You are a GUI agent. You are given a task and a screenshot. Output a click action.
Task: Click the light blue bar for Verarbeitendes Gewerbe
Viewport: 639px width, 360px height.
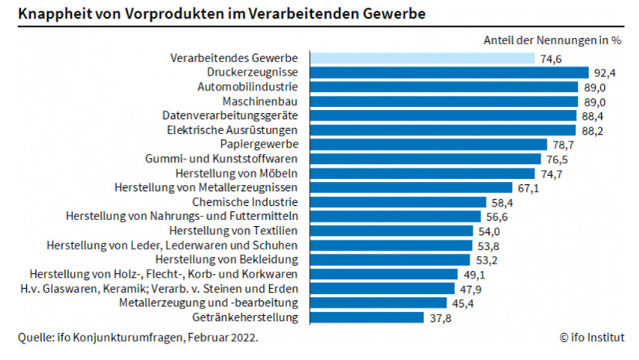(422, 58)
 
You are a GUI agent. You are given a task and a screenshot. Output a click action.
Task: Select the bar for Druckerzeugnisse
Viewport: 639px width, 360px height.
(449, 72)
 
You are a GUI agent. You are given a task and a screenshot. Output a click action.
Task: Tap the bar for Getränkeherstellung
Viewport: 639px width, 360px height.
(367, 317)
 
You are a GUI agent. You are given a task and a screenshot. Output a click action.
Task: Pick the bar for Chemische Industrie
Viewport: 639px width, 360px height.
(398, 202)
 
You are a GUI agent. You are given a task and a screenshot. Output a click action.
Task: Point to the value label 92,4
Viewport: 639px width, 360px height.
(604, 72)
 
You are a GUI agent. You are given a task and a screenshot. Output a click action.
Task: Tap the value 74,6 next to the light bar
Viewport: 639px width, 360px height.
(551, 58)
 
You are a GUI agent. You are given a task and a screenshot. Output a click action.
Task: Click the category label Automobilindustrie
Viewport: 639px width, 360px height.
(253, 87)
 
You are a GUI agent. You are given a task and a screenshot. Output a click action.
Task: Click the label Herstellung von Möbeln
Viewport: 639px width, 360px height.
(242, 173)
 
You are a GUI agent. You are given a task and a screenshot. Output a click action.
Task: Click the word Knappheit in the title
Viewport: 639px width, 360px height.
(51, 14)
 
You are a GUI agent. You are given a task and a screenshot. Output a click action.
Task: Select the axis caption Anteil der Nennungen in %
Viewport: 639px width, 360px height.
(553, 39)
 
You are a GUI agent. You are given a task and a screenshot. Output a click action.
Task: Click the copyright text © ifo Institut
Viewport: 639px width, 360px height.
(592, 338)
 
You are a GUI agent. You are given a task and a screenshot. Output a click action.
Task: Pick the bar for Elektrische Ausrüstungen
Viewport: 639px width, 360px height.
(443, 130)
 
